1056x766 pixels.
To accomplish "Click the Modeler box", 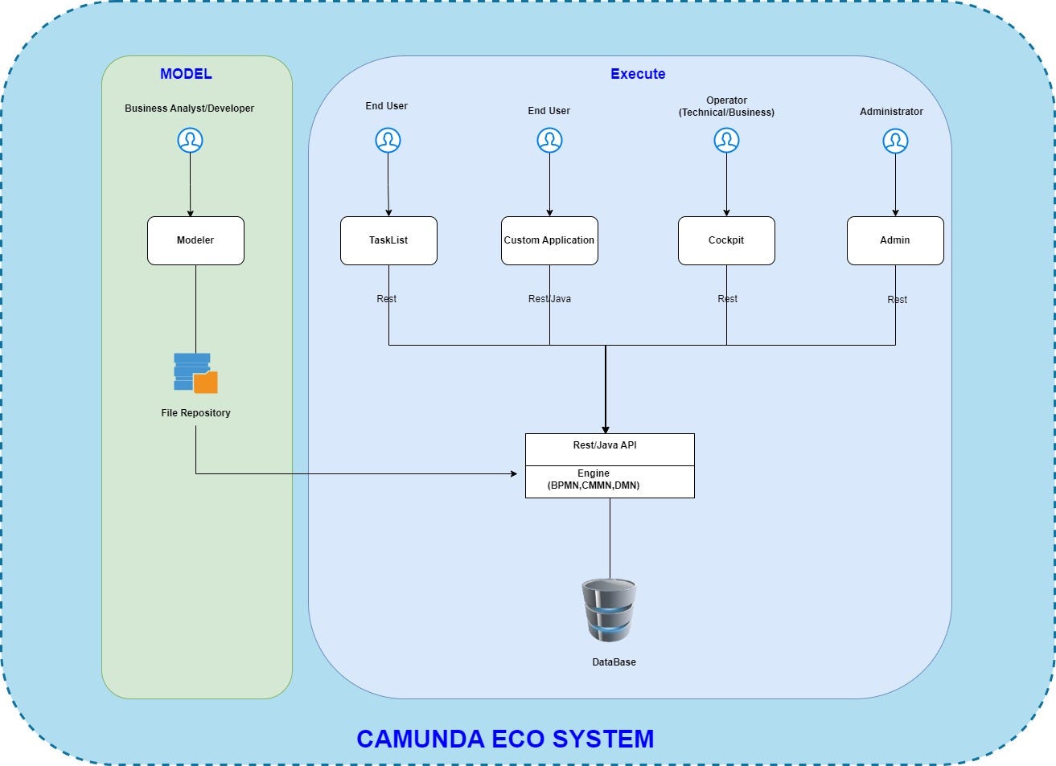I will [x=195, y=240].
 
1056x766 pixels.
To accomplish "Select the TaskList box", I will [x=388, y=240].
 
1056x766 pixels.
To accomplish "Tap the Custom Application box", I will [x=549, y=240].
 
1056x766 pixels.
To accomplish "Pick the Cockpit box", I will [x=726, y=240].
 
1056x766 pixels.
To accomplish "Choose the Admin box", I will [x=895, y=240].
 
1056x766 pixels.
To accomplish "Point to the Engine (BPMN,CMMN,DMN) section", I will [x=610, y=481].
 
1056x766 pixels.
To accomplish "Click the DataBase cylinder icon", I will [x=609, y=611].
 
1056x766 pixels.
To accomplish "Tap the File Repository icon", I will [x=195, y=373].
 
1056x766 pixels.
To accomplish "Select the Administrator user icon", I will [x=895, y=141].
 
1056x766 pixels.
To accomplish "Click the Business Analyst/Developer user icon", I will [x=190, y=141].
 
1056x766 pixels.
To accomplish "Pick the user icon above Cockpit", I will [x=726, y=141].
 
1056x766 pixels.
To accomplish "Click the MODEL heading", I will [x=186, y=74].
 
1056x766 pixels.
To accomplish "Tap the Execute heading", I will [x=638, y=74].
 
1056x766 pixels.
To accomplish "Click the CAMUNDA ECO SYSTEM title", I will [x=505, y=739].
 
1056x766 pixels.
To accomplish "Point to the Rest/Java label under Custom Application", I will [x=549, y=299].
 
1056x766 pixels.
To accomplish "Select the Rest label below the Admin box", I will [x=897, y=300].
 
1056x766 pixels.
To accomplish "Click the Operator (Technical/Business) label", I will [x=726, y=106].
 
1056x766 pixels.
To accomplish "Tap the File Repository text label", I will [x=195, y=413].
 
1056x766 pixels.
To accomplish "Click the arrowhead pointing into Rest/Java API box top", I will [x=606, y=429].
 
